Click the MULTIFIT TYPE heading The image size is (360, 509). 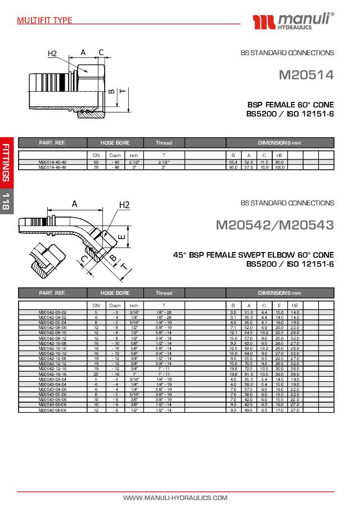(x=44, y=20)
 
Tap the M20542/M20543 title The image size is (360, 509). (x=274, y=226)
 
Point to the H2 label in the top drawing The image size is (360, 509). (x=52, y=54)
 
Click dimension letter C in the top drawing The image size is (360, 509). (x=101, y=52)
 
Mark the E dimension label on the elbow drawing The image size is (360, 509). (x=121, y=237)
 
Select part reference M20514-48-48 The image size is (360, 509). (x=53, y=168)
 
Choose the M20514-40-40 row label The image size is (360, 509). (x=53, y=163)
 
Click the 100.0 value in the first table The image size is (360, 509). (x=279, y=168)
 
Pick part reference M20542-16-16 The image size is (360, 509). (x=53, y=373)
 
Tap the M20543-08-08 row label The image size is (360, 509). (x=53, y=410)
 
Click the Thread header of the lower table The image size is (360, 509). (x=164, y=293)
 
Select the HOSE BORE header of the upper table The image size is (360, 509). (x=115, y=143)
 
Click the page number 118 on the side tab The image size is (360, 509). (x=6, y=201)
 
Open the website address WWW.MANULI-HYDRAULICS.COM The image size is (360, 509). (x=175, y=498)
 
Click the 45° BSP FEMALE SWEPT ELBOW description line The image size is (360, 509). (x=253, y=255)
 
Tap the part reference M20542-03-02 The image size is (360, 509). (x=53, y=312)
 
